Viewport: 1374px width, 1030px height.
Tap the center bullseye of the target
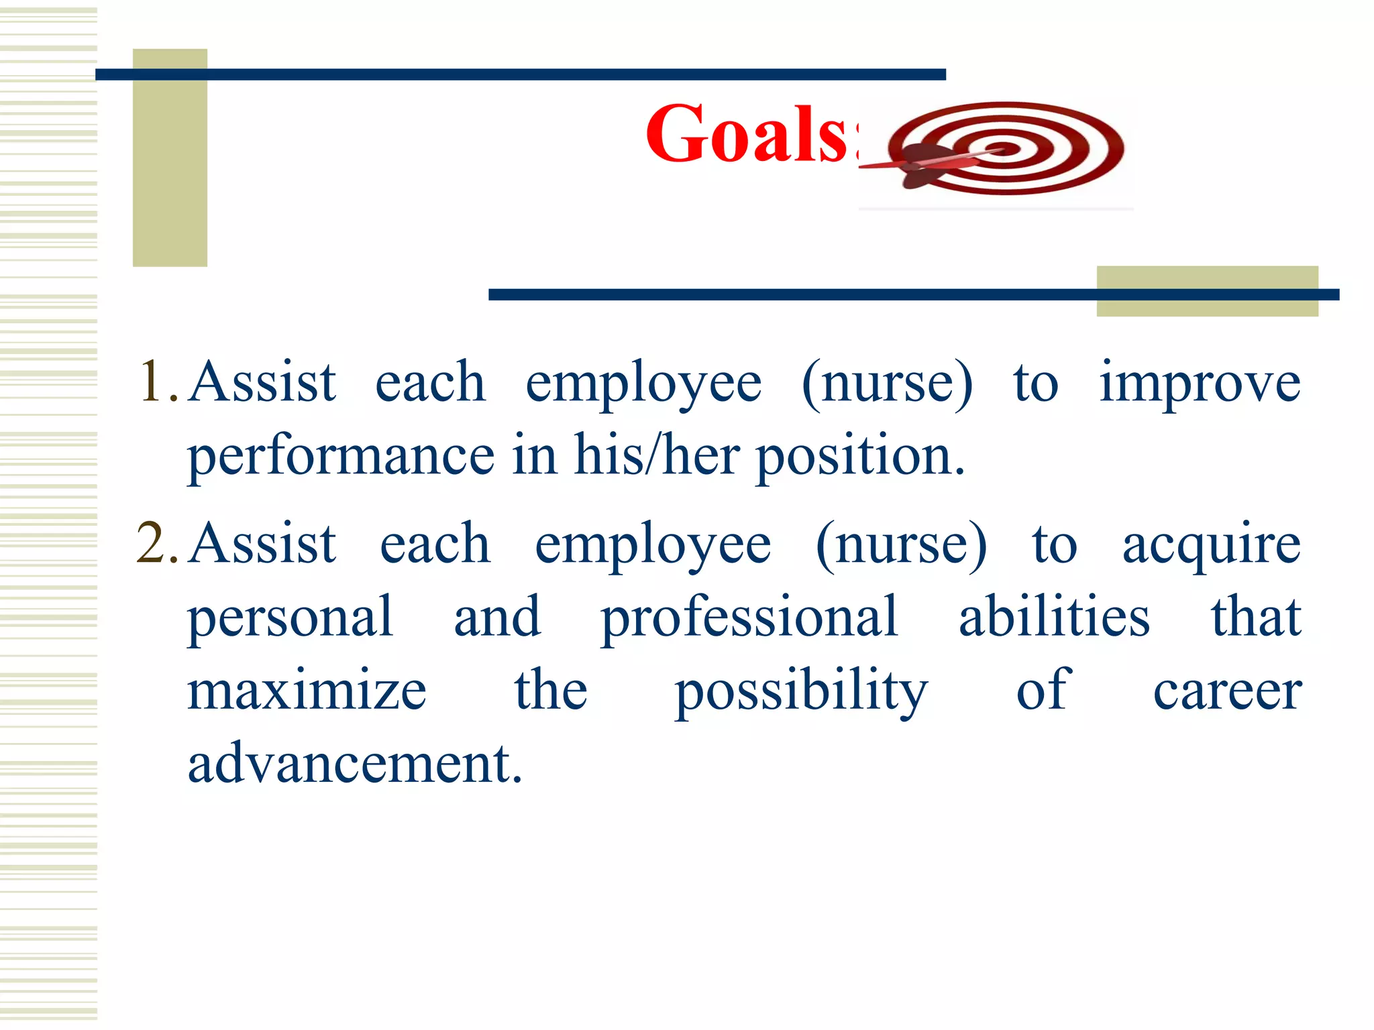pos(1004,148)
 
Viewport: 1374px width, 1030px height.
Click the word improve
pos(1200,384)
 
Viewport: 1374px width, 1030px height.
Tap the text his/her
pos(656,456)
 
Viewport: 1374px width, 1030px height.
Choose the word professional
pos(749,618)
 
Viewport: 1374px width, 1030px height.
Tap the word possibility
pos(801,692)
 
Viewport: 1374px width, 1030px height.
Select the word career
pos(1227,692)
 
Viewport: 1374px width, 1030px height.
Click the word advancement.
pos(354,764)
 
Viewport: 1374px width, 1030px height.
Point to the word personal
pos(290,618)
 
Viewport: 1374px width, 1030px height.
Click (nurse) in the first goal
pos(887,384)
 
